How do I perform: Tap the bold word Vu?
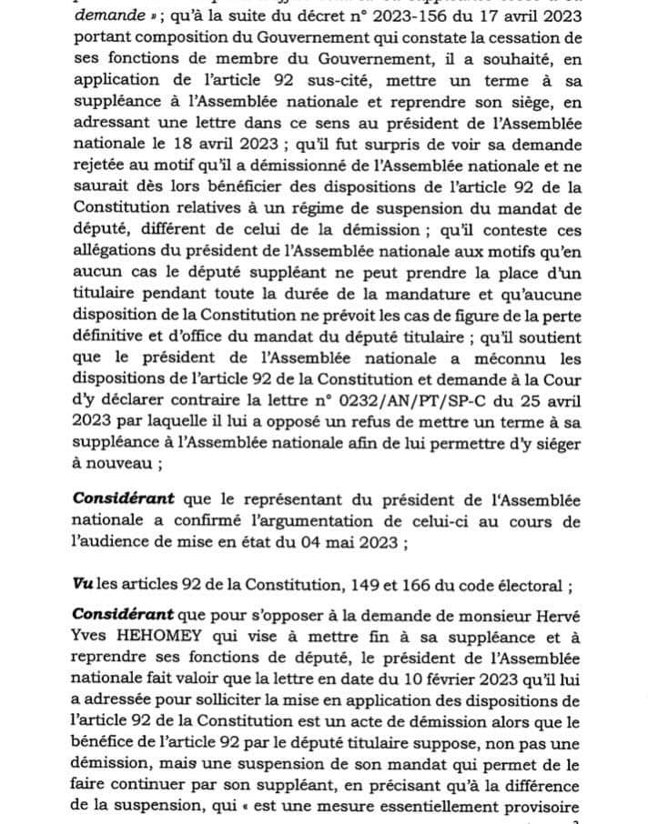pos(84,582)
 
